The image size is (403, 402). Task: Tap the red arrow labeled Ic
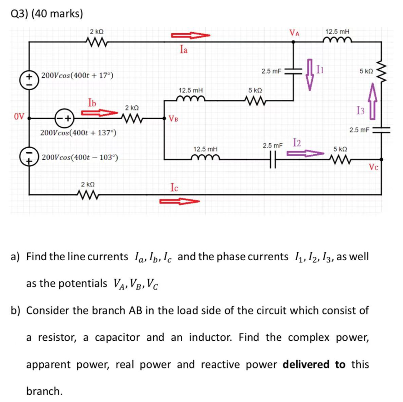180,201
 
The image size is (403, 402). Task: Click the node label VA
294,32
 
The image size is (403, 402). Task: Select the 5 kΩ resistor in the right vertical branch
381,70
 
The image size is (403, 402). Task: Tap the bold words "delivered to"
314,365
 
